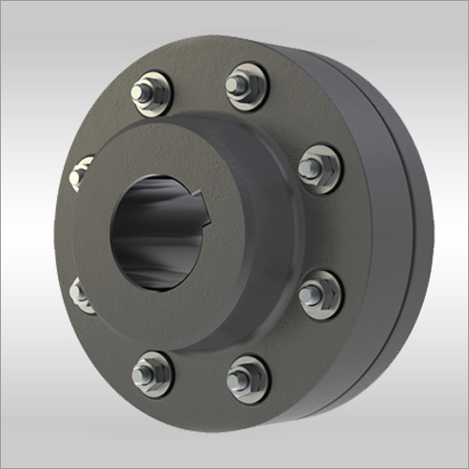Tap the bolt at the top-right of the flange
247,86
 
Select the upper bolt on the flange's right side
319,169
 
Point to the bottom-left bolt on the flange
152,373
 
